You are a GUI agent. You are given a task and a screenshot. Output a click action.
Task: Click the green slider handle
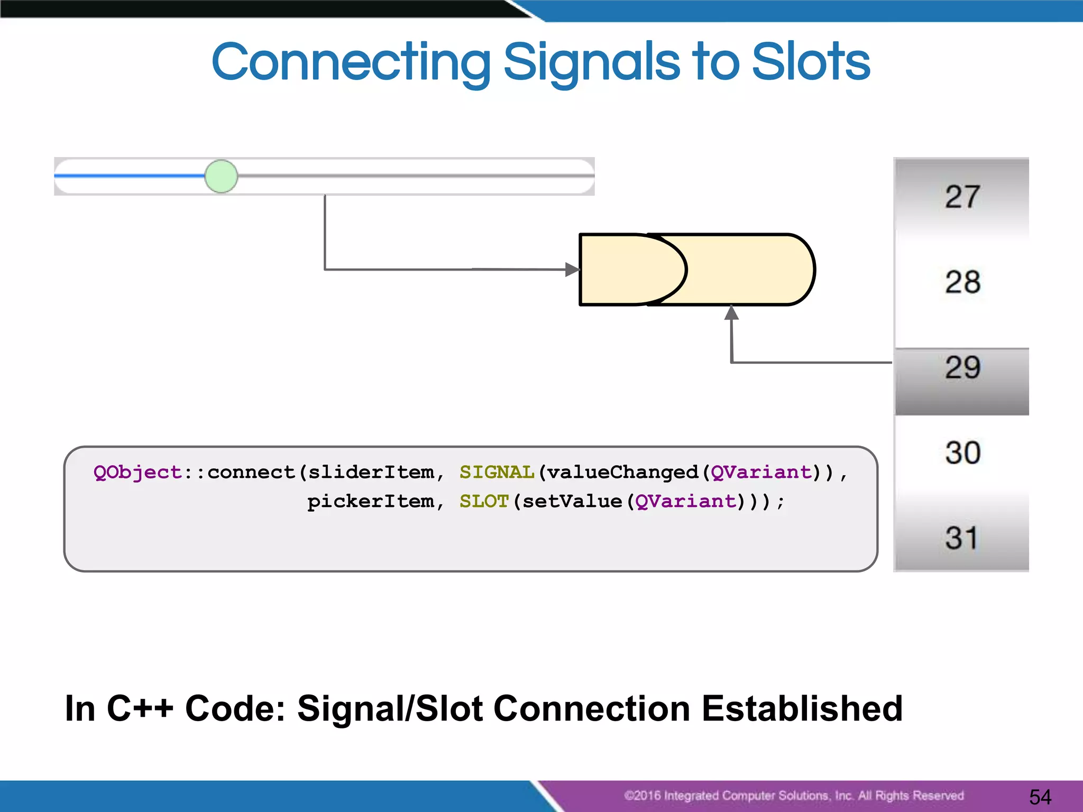(221, 176)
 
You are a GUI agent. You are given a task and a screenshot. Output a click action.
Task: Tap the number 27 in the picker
(962, 197)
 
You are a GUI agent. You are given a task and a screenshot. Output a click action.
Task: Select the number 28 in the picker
(962, 282)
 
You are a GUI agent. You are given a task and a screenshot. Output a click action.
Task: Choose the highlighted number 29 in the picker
(962, 367)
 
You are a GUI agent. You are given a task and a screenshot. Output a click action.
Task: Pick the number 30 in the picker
(962, 453)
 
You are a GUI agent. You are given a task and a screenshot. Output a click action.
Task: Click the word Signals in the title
(591, 62)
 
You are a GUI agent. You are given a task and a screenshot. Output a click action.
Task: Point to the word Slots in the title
(810, 62)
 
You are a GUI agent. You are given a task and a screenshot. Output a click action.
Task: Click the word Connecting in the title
(351, 62)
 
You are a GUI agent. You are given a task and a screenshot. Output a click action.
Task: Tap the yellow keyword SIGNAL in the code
(497, 472)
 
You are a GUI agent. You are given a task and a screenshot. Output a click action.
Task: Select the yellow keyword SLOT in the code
(484, 501)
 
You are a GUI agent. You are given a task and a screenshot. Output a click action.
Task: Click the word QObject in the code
(137, 472)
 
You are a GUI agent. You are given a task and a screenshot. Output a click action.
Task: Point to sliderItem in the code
(371, 472)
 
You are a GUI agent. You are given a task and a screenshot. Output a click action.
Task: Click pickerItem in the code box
(371, 501)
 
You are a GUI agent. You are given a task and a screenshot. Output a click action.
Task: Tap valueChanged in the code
(622, 472)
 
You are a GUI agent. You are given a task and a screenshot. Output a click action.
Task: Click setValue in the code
(572, 501)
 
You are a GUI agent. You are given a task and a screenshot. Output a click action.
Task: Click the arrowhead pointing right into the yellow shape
(572, 270)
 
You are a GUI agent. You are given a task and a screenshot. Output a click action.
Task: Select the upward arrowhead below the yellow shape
(731, 313)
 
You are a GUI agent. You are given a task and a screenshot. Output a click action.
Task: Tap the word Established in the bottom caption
(802, 708)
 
